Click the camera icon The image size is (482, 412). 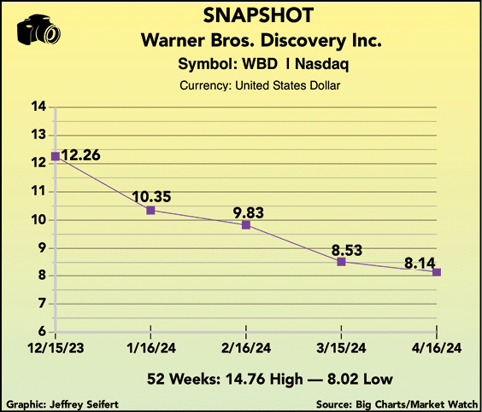(38, 30)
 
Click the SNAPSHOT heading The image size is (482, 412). (258, 15)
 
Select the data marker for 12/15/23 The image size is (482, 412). (56, 156)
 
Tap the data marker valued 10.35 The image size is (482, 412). (150, 210)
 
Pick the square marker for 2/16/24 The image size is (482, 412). (246, 225)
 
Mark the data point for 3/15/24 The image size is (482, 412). (341, 262)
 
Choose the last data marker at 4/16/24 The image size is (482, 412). (437, 272)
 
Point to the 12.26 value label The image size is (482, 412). (80, 155)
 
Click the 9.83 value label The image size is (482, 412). (249, 212)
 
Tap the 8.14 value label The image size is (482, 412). (420, 264)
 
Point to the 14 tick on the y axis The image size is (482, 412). (38, 107)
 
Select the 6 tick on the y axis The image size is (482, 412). (42, 332)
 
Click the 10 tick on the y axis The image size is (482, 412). (38, 220)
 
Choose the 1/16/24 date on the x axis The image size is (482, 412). (151, 348)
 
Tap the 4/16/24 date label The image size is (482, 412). (437, 348)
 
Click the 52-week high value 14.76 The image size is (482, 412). (245, 379)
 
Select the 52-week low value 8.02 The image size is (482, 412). (343, 379)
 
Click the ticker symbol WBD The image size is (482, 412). (260, 64)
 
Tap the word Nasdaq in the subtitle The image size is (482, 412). (322, 65)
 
